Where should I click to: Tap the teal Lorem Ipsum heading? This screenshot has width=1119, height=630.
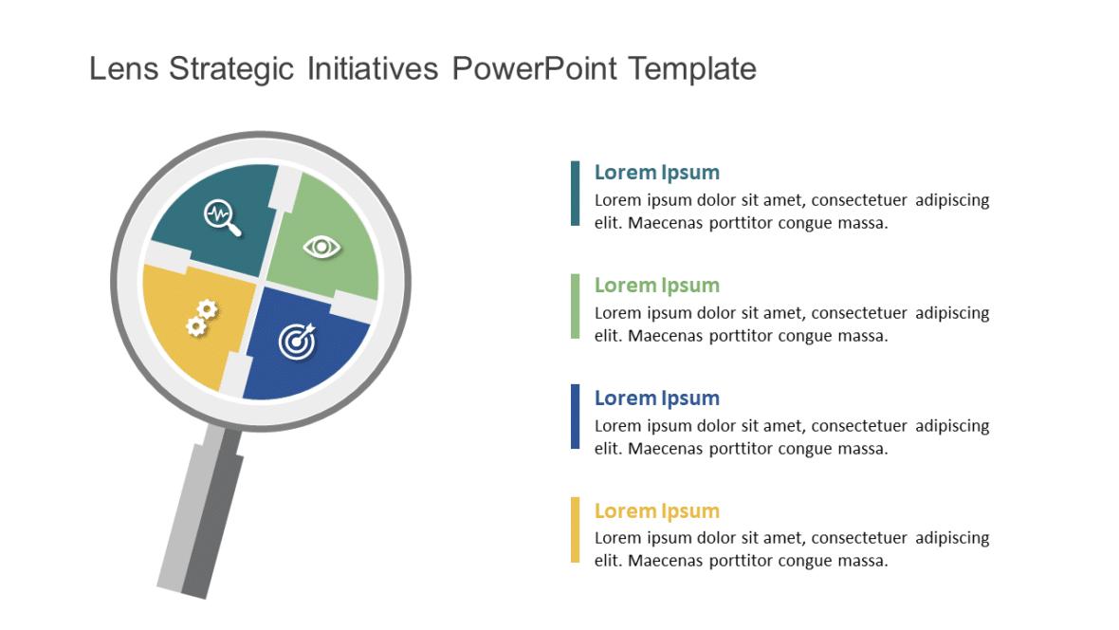(656, 173)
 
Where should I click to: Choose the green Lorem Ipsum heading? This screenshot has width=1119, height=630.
(656, 286)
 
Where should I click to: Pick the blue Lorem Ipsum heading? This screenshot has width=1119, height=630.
(656, 398)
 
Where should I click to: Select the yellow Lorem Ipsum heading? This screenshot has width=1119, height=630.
(656, 511)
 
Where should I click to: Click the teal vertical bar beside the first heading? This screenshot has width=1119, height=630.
(575, 194)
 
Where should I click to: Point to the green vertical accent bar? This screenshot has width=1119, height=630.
(575, 306)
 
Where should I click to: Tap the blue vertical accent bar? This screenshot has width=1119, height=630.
(575, 417)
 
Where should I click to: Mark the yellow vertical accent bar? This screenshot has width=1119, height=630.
(575, 529)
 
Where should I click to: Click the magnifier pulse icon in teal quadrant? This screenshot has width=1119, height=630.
(223, 217)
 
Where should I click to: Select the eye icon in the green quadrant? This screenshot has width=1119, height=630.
(321, 247)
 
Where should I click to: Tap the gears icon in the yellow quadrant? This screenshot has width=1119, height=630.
(202, 318)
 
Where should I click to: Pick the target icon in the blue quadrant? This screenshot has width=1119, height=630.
(297, 341)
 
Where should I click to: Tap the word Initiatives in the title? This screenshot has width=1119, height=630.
(373, 69)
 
